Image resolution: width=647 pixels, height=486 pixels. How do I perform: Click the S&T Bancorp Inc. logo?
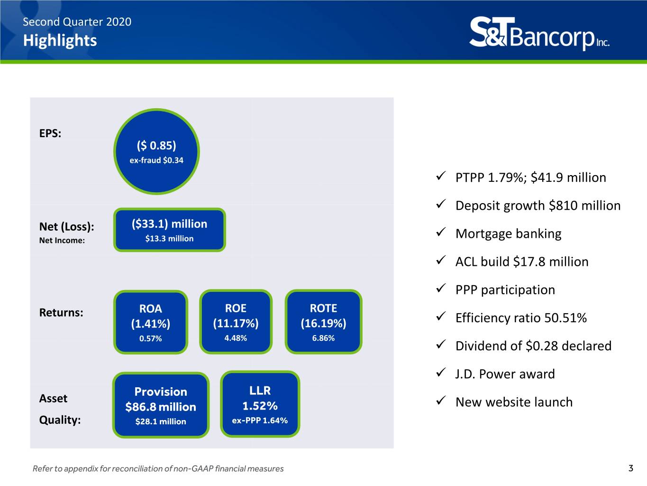coord(539,33)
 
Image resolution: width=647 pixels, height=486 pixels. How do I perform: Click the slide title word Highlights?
coord(60,40)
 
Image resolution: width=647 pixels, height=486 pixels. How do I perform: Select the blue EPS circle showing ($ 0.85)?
coord(156,152)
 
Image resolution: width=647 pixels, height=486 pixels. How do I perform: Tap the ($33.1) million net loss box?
coord(170,230)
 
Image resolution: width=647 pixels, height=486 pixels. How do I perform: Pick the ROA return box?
coord(151,322)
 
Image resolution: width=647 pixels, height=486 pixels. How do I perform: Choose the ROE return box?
coord(236,322)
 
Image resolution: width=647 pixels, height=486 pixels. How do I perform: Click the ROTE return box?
coord(323,322)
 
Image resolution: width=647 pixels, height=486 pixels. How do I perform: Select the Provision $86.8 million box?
coord(161,405)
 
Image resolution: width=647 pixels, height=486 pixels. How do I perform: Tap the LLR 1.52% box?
coord(260,404)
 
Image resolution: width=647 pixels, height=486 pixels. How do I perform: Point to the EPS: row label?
coord(50,133)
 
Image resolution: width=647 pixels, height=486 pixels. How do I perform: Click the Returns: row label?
coord(61,312)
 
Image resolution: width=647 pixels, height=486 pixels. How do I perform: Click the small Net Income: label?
coord(62,241)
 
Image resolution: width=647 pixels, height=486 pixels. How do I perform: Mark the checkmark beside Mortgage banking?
coord(441,232)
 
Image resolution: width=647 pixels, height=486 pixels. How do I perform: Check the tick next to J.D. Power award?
coord(441,373)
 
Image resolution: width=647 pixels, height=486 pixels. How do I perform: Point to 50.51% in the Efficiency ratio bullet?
coord(565,318)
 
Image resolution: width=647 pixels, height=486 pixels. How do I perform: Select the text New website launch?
coord(514,402)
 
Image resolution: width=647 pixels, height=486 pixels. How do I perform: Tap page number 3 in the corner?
coord(631,468)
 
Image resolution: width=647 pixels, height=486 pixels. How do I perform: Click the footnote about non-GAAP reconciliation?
coord(158,468)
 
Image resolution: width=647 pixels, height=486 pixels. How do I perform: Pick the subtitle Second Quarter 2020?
coord(77,22)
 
